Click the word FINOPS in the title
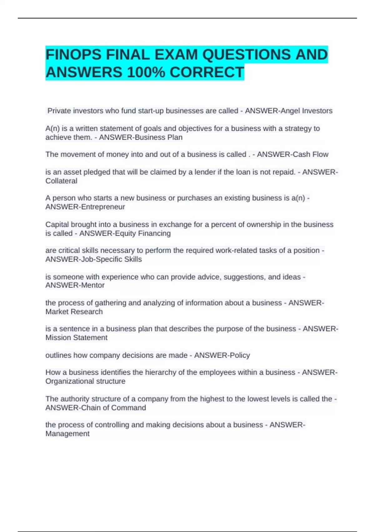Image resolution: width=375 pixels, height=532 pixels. click(73, 55)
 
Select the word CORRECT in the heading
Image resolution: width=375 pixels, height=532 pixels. click(207, 72)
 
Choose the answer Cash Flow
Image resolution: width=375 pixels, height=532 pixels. click(311, 154)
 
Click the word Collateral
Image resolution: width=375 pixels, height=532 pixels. click(61, 181)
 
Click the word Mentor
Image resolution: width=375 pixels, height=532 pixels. click(92, 285)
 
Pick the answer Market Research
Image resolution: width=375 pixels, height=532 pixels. click(74, 312)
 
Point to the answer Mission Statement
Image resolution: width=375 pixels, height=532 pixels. click(76, 338)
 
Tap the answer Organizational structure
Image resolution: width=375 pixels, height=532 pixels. click(85, 381)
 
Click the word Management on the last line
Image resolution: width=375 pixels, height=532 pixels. click(67, 434)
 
